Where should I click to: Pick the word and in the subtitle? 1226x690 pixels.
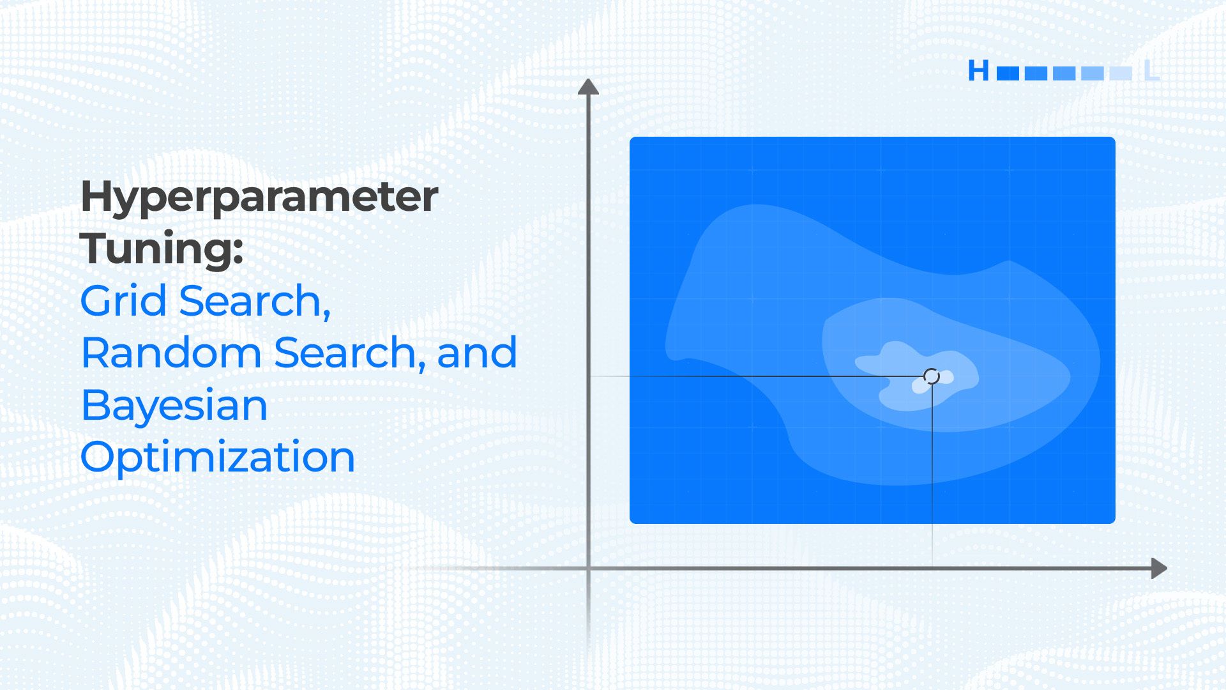[x=477, y=353]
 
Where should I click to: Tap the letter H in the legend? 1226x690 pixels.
[x=978, y=70]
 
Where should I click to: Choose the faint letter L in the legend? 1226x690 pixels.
[x=1151, y=70]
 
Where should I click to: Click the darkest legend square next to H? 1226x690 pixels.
[x=1008, y=73]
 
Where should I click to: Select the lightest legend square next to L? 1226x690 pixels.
[x=1121, y=73]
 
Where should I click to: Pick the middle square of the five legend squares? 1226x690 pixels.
[x=1064, y=73]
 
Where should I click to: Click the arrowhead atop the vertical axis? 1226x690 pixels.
[x=588, y=86]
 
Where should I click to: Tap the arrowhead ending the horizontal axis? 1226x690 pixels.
[x=1159, y=568]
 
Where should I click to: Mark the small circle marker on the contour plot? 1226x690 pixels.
[x=932, y=376]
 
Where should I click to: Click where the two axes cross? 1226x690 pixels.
[x=588, y=568]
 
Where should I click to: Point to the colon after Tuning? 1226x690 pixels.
[x=238, y=250]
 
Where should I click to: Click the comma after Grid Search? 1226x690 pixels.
[x=326, y=313]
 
